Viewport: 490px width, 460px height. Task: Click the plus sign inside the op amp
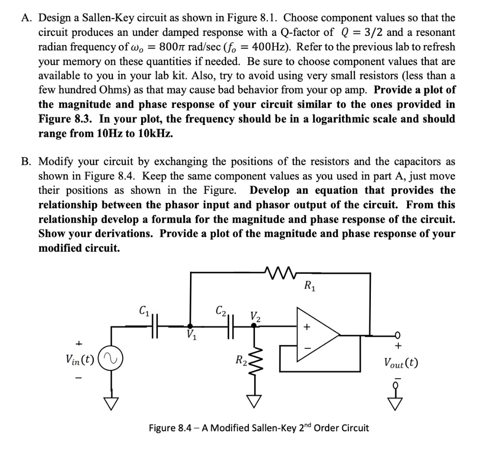click(308, 328)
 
